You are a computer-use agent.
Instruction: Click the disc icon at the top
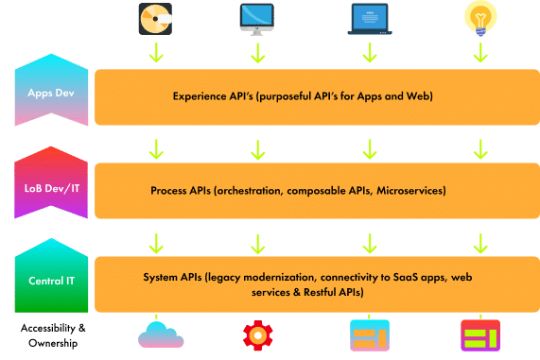tap(157, 17)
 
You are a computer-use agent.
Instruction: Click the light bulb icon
tap(481, 18)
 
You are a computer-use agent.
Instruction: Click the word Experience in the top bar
tap(202, 96)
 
